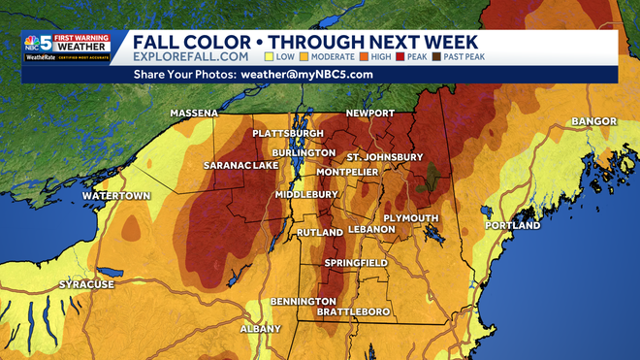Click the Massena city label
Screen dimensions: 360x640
(194, 114)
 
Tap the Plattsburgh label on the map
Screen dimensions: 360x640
(288, 133)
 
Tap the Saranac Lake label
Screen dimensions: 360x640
(240, 166)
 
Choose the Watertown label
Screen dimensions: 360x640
(116, 196)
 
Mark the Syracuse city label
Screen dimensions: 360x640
(87, 284)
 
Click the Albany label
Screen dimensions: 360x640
(261, 329)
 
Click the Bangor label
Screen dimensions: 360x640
(593, 121)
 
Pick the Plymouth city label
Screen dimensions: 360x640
(411, 218)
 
